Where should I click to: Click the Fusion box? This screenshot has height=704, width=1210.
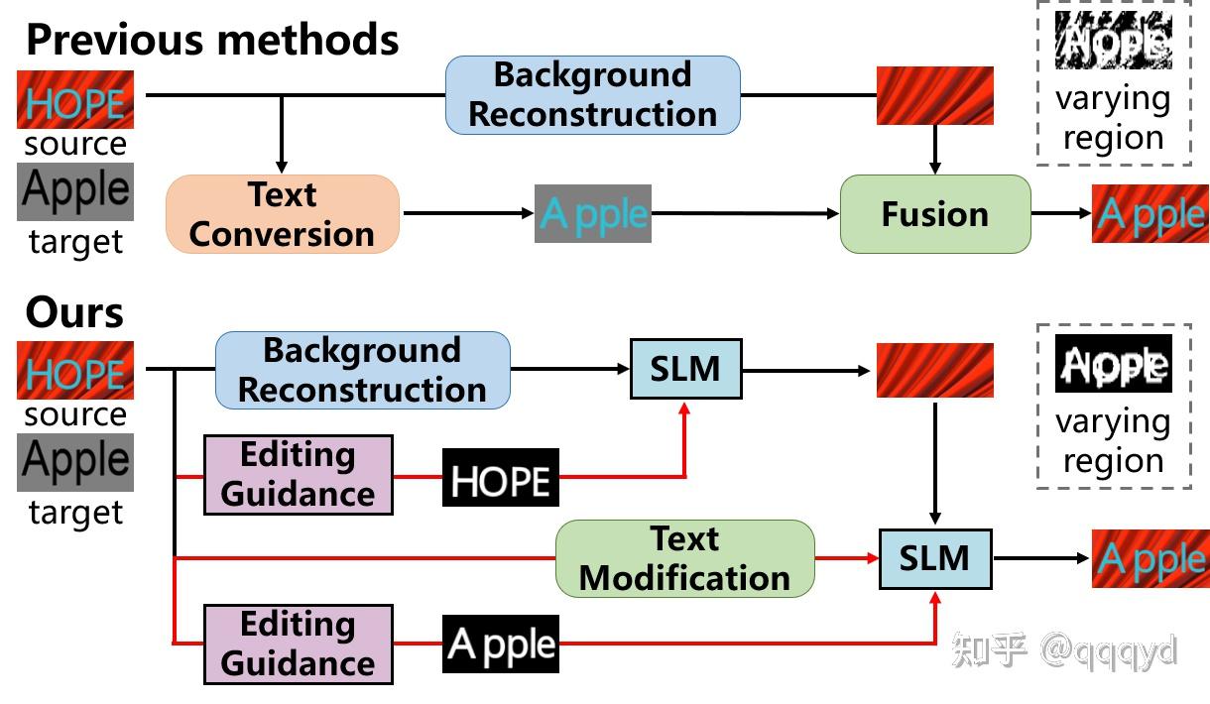[x=935, y=214]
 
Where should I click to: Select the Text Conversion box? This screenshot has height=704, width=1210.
[x=283, y=214]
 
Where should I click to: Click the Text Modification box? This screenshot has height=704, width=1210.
[x=684, y=559]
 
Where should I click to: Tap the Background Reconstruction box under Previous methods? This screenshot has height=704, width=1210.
[x=593, y=95]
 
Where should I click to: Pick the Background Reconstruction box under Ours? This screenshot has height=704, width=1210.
[x=362, y=370]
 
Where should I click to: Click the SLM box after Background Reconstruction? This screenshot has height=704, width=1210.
[x=685, y=369]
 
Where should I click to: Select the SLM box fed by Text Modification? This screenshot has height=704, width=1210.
[x=934, y=559]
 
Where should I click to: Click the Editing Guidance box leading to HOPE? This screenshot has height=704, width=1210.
[x=298, y=474]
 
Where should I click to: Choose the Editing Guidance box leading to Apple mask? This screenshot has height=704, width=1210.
[x=298, y=645]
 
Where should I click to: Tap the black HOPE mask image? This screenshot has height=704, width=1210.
[x=500, y=478]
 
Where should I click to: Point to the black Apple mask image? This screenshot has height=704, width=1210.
[x=500, y=645]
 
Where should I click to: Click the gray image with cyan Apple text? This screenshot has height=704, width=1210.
[x=593, y=213]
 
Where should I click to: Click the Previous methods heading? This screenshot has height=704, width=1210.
[x=212, y=40]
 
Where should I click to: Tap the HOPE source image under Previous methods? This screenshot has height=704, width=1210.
[x=75, y=99]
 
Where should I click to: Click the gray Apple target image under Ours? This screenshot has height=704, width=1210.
[x=75, y=462]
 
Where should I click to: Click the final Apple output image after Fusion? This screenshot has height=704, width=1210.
[x=1150, y=213]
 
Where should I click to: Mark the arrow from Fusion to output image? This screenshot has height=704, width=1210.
[x=1061, y=213]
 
